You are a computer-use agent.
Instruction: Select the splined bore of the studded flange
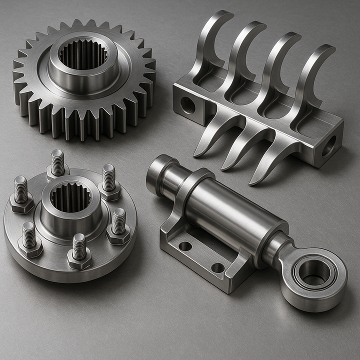[70, 197]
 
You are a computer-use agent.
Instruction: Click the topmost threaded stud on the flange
[57, 162]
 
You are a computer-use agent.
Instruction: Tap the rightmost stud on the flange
[118, 221]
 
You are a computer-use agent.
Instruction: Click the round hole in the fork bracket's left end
[188, 105]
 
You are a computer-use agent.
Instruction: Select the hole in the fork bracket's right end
[328, 145]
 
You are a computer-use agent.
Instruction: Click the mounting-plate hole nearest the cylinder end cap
[185, 246]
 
